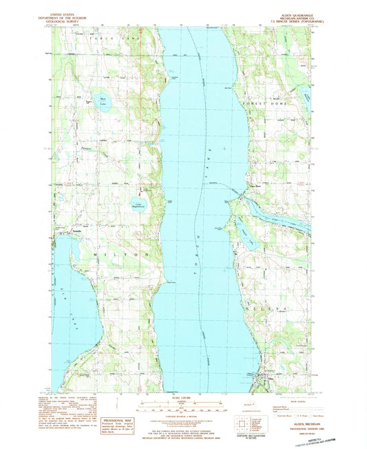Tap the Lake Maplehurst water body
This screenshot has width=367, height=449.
(138, 202)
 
